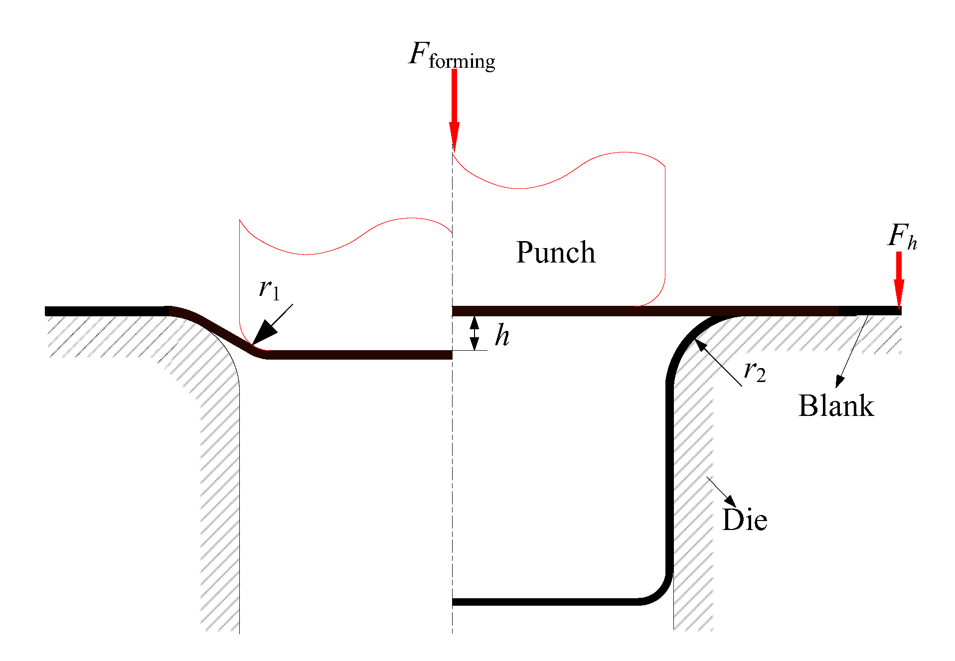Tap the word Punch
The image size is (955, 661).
(556, 253)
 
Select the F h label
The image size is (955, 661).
(902, 236)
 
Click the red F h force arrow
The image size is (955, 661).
(899, 279)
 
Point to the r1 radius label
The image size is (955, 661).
(269, 289)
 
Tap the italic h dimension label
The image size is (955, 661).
(502, 335)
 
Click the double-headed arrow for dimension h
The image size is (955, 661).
(475, 333)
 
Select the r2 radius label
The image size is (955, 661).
(754, 372)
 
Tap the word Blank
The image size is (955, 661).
(836, 406)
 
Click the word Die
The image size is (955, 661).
(745, 520)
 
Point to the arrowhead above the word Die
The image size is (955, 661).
(731, 501)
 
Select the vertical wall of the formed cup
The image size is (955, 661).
(669, 473)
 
